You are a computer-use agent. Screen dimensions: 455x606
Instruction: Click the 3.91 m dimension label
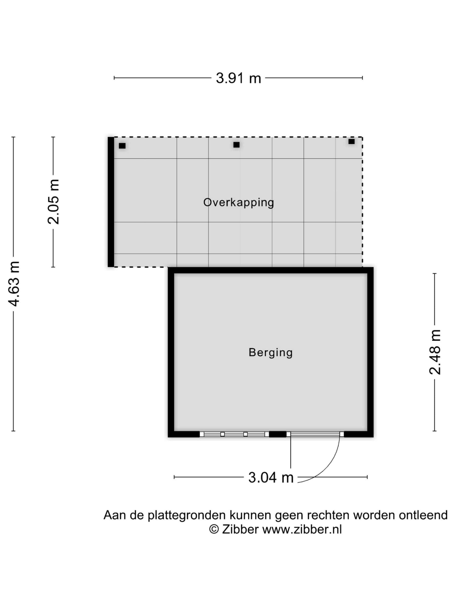pyautogui.click(x=238, y=78)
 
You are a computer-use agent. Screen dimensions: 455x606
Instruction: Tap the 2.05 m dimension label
pyautogui.click(x=53, y=202)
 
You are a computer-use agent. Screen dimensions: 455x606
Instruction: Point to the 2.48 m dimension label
pyautogui.click(x=435, y=352)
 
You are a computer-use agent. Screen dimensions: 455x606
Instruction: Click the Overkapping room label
pyautogui.click(x=239, y=203)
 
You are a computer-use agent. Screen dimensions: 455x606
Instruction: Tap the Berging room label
pyautogui.click(x=271, y=352)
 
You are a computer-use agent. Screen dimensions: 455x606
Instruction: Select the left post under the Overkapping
pyautogui.click(x=122, y=146)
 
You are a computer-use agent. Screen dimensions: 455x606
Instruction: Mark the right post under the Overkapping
pyautogui.click(x=351, y=141)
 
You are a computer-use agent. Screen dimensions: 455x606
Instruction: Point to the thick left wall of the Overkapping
pyautogui.click(x=111, y=202)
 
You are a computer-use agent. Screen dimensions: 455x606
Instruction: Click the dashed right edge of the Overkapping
pyautogui.click(x=362, y=202)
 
